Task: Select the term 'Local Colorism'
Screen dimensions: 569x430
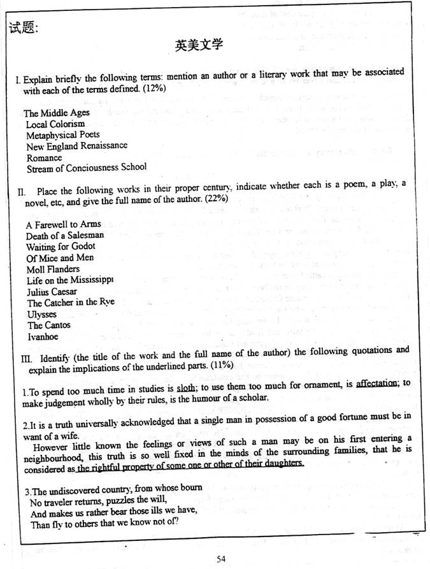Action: point(55,124)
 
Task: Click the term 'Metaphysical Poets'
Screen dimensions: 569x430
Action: point(63,134)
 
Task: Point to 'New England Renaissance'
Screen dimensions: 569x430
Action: point(76,146)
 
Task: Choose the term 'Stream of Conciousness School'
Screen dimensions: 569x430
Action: point(87,168)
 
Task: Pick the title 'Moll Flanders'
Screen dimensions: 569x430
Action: point(54,269)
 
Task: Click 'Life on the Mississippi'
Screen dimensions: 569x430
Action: point(70,280)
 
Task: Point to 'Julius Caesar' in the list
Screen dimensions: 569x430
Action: point(54,291)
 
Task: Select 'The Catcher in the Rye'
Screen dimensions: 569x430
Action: point(71,303)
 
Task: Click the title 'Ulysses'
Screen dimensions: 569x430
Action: point(42,314)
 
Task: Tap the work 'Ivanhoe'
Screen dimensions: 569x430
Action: point(43,336)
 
